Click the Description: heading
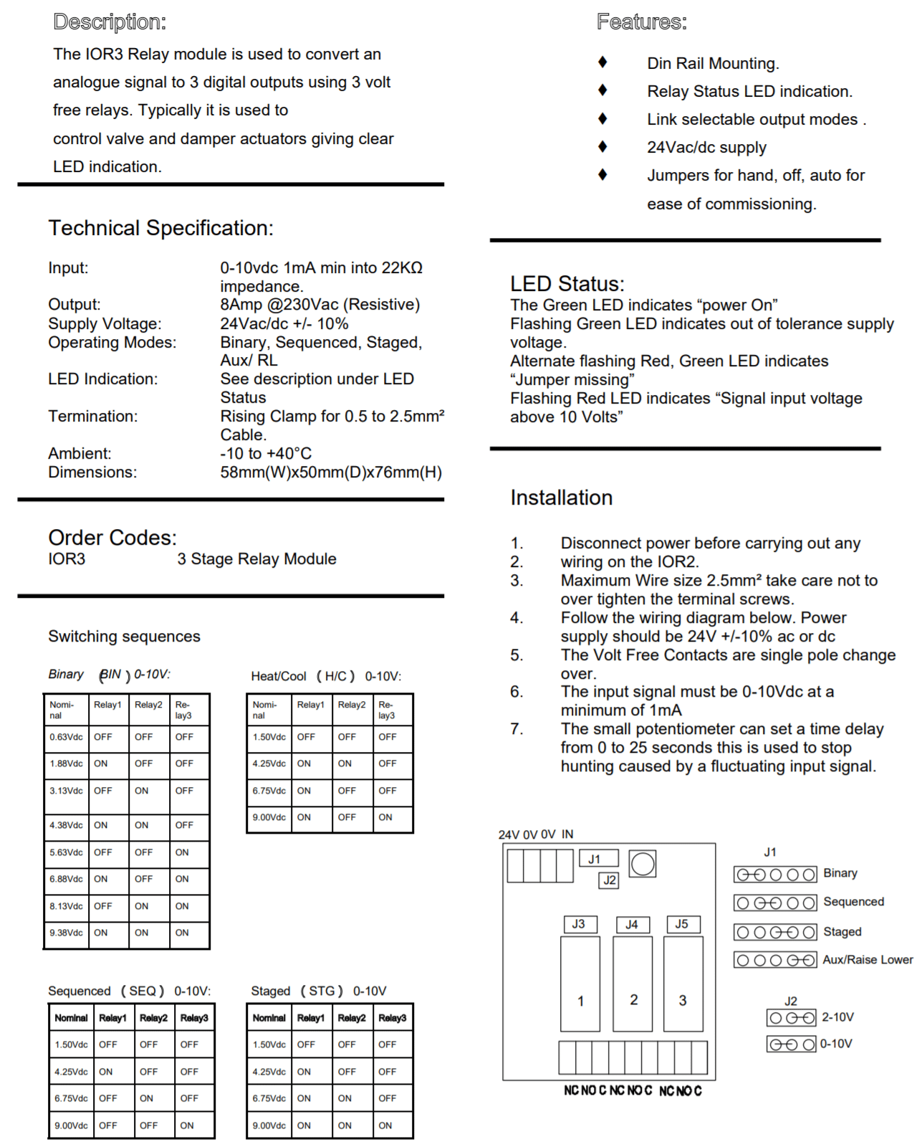point(110,22)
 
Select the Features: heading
point(641,22)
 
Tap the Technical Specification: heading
point(160,228)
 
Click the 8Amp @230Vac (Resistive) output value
point(320,305)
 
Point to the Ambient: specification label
point(80,454)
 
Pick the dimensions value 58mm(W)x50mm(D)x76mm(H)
point(331,472)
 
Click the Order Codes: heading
point(112,538)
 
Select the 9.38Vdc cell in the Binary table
point(66,933)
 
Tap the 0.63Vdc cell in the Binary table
point(66,737)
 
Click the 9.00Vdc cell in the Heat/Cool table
point(269,817)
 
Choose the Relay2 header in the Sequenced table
point(153,1018)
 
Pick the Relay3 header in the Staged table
point(392,1018)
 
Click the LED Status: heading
point(567,284)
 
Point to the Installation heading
point(561,498)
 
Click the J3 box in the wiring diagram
point(579,924)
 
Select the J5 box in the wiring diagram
point(682,924)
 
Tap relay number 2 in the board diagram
point(633,999)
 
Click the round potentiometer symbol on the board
point(643,864)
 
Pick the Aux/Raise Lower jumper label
point(868,960)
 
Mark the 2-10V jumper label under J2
point(837,1017)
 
